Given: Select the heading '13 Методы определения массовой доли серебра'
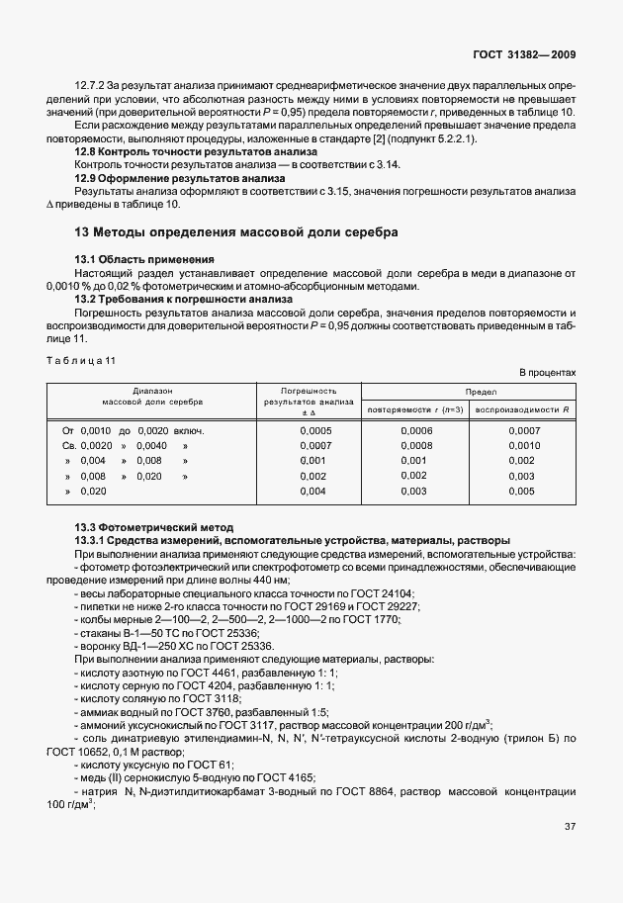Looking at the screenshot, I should tap(236, 233).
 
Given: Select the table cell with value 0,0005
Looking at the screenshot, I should tap(314, 431).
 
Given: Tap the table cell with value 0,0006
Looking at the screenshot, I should tap(416, 431).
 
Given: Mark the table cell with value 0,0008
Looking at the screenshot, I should tap(416, 446).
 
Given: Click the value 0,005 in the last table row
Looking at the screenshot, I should tap(522, 491).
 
